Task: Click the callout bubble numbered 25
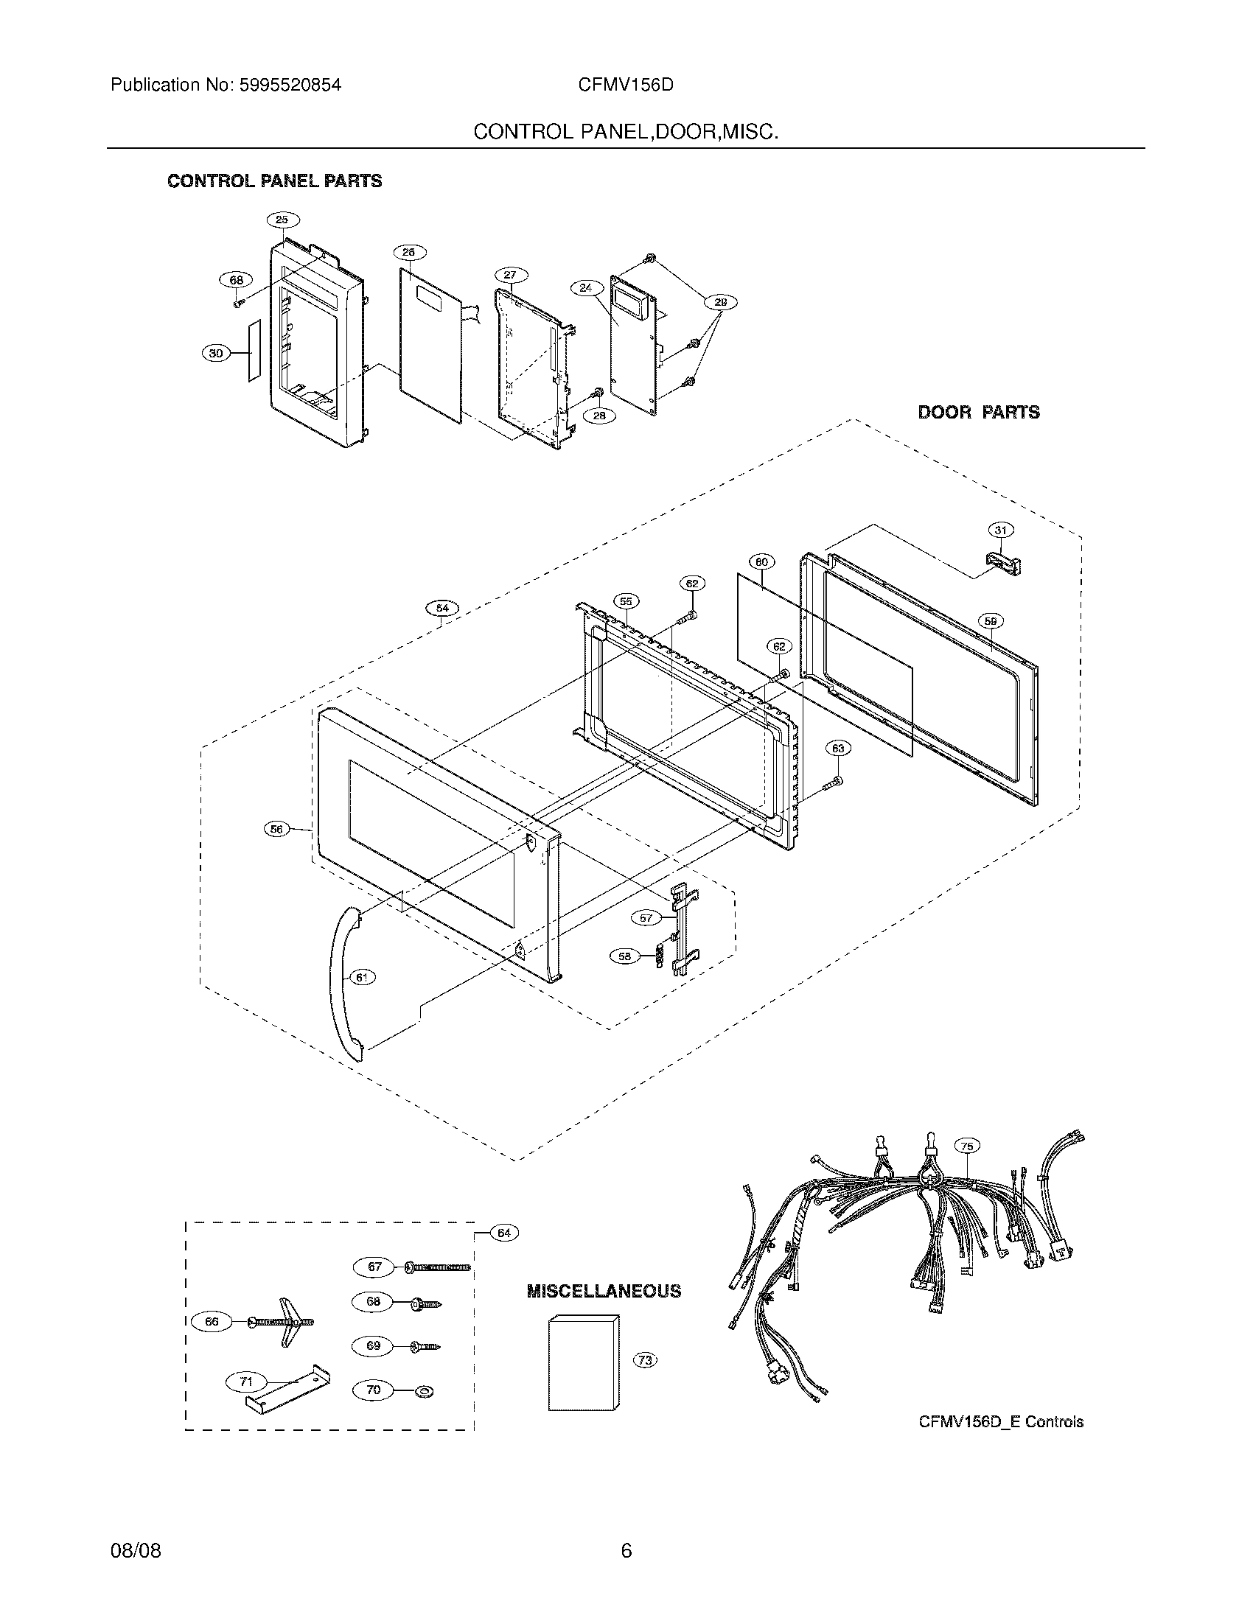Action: pos(282,220)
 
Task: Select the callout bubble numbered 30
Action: pos(216,354)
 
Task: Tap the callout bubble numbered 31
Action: pos(1001,530)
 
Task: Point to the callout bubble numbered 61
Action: pos(361,978)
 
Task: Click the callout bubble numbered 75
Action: pos(966,1146)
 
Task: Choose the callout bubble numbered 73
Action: pos(645,1360)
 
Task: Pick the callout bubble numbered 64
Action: pos(504,1233)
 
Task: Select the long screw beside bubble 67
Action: pos(438,1267)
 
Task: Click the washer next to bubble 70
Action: pos(427,1390)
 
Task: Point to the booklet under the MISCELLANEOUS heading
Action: pos(583,1364)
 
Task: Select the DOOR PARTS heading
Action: pos(978,413)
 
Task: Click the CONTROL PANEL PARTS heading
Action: pos(275,181)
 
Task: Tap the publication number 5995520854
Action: pos(290,85)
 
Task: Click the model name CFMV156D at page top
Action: pos(626,85)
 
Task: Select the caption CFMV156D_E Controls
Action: pos(1001,1423)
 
